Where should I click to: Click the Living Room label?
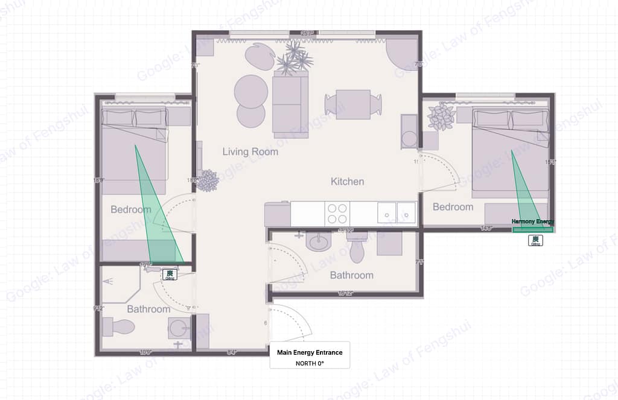coord(250,151)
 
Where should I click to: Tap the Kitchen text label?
coord(347,181)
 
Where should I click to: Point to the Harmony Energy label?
coord(532,221)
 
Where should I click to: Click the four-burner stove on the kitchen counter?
coord(337,213)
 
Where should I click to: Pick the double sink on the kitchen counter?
coord(397,213)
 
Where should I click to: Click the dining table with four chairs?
coord(353,104)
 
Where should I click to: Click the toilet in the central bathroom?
coord(357,248)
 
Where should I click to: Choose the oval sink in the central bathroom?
coord(318,243)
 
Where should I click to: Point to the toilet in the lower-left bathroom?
coord(118,327)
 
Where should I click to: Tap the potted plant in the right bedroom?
coord(441,116)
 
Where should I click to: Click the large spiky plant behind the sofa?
coord(295,57)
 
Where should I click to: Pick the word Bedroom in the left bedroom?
coord(130,210)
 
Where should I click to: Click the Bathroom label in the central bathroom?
coord(351,275)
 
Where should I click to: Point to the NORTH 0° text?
coord(309,363)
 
